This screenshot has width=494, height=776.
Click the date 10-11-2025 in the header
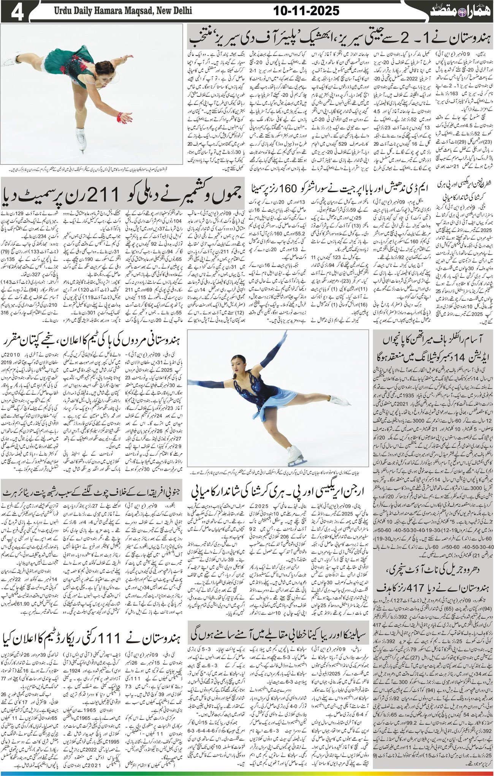[306, 11]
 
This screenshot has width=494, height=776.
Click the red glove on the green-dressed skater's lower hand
[120, 116]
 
